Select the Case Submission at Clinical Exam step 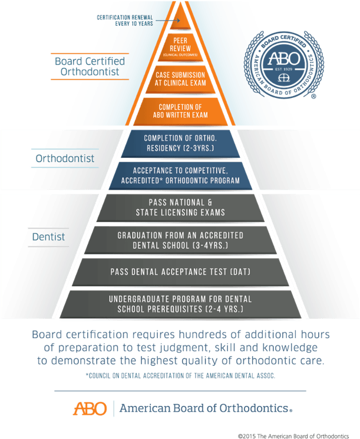(179, 79)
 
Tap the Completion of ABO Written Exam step (179, 111)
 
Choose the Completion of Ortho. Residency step (179, 142)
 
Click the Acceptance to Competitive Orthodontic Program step (179, 175)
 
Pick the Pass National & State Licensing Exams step (179, 208)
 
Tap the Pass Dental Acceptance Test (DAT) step (179, 272)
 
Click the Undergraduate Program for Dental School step (179, 303)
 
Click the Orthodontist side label (65, 159)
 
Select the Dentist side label (48, 237)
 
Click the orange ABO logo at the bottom (90, 408)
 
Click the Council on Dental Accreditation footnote (179, 375)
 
